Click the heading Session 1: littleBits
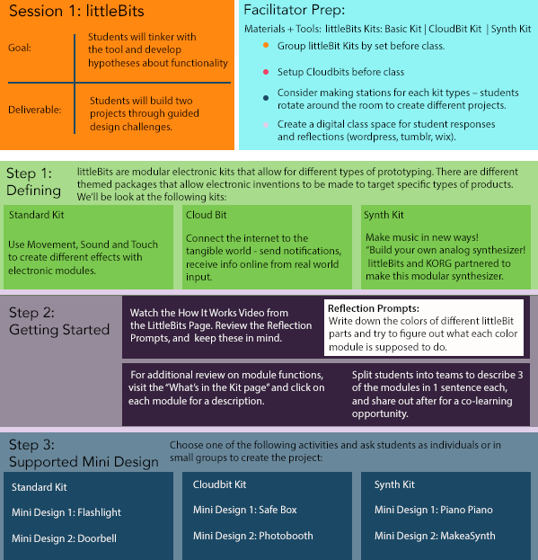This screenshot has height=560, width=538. click(x=76, y=11)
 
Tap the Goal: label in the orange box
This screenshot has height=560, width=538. click(x=20, y=48)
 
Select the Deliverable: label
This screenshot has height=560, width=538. click(x=35, y=110)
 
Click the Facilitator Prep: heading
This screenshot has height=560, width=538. click(x=295, y=11)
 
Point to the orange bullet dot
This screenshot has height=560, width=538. click(x=266, y=45)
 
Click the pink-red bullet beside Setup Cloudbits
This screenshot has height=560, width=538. click(x=266, y=72)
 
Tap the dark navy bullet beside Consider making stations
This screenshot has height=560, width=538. click(x=266, y=98)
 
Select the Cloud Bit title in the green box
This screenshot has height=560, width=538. click(x=207, y=215)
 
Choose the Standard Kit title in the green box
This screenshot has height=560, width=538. click(x=37, y=215)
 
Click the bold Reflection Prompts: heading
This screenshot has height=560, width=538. click(x=374, y=308)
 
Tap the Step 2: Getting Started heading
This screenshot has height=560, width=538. click(x=59, y=321)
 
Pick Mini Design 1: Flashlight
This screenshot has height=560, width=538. click(x=66, y=512)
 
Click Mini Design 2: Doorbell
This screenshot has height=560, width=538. click(x=64, y=538)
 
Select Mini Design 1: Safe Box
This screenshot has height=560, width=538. click(x=245, y=510)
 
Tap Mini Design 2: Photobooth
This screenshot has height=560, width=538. click(x=253, y=536)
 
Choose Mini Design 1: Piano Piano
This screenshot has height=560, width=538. click(x=434, y=510)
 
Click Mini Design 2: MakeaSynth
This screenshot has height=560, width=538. click(x=435, y=536)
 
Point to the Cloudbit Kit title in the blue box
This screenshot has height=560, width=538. click(x=219, y=484)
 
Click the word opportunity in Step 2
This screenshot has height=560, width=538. click(x=380, y=413)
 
